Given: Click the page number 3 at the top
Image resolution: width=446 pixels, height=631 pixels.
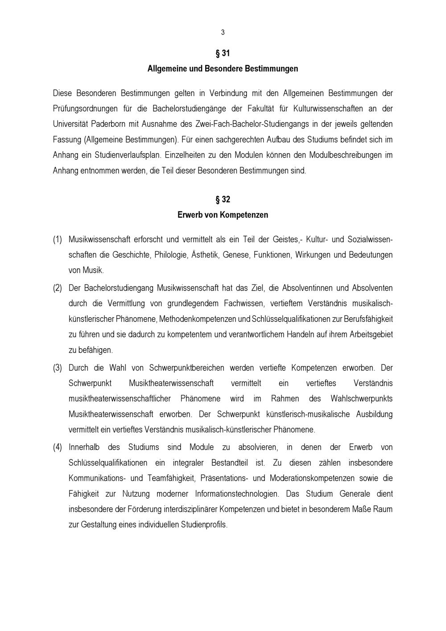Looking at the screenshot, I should coord(223,32).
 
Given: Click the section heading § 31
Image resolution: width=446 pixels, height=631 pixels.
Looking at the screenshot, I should coord(223,54).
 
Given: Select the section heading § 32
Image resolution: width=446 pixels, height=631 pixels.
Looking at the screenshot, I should coord(223,199).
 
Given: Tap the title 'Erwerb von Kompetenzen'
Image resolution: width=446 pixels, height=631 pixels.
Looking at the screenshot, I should coord(223,215).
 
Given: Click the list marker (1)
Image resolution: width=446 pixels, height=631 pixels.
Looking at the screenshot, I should coord(58,240).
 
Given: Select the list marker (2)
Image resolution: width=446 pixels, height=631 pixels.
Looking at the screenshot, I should coord(58,288).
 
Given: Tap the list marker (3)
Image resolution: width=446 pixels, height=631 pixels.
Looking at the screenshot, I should coord(58,368).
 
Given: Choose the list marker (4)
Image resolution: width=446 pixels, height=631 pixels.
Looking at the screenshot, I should coord(58,447).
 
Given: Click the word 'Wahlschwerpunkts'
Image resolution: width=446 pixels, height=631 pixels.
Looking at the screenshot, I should coord(361,399).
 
